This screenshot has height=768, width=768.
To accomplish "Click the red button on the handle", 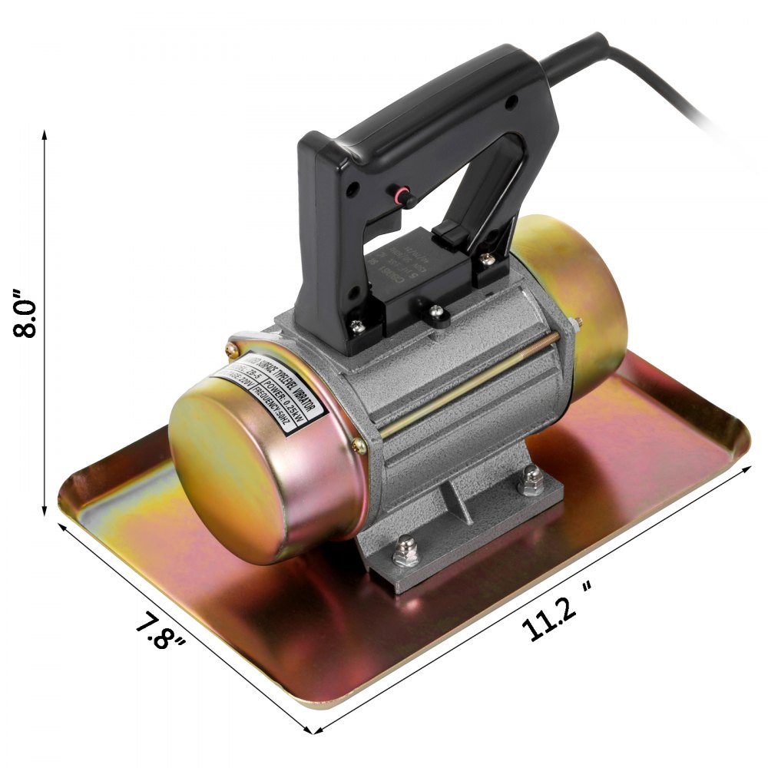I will [400, 197].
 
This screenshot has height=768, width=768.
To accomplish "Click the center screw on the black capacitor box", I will [435, 310].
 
